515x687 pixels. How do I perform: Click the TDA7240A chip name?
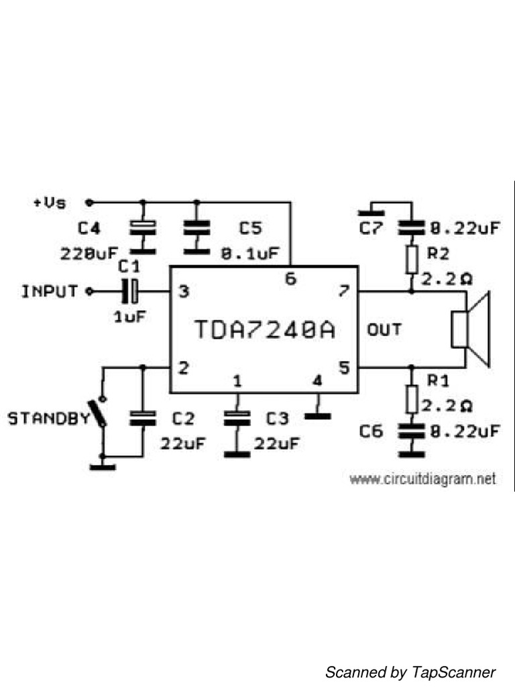coord(264,329)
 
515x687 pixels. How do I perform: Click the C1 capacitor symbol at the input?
coord(130,291)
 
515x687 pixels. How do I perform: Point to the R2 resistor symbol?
coord(412,259)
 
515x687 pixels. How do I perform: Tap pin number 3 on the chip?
coord(182,292)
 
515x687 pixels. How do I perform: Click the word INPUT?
coord(50,292)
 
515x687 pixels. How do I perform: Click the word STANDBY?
coord(48,419)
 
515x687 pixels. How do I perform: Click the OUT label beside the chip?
coord(384,329)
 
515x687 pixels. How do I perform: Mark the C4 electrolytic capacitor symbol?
coord(142,227)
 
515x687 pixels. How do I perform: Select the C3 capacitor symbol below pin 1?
coord(236,419)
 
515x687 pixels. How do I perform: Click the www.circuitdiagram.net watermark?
coord(422,479)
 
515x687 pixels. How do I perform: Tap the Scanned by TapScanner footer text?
coord(410,672)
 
